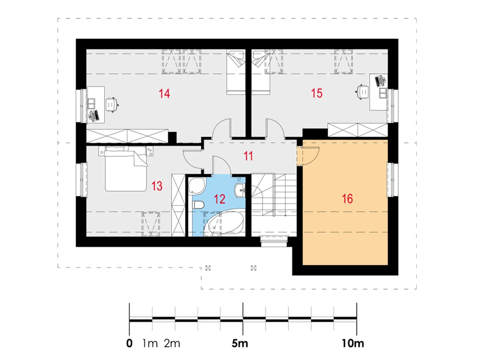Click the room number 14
(164, 93)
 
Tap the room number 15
(316, 93)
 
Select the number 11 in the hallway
(248, 156)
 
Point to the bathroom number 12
(220, 199)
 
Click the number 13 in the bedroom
(157, 186)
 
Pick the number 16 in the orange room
(347, 199)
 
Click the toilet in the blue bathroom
(198, 205)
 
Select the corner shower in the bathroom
(197, 186)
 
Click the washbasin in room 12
(240, 190)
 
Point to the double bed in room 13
(126, 169)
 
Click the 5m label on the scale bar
(239, 343)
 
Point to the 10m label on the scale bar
(353, 343)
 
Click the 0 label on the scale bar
(129, 343)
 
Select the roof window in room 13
(150, 224)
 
